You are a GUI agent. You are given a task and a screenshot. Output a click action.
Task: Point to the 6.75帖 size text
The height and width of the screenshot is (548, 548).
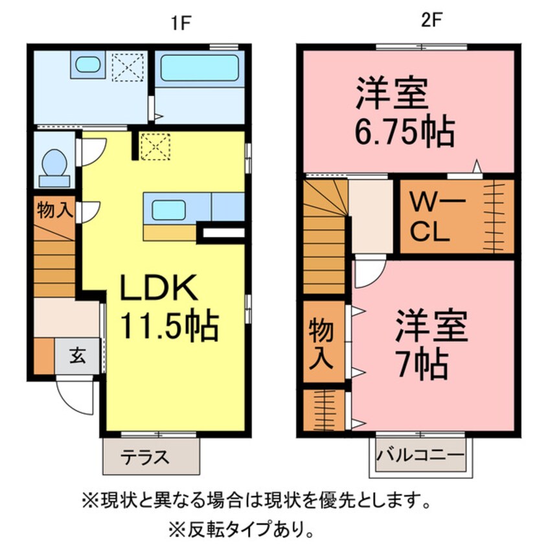(403, 132)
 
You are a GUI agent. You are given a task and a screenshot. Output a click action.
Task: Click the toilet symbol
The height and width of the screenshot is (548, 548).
(54, 163)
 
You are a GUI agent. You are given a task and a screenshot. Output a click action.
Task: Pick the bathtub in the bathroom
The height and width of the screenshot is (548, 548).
(199, 69)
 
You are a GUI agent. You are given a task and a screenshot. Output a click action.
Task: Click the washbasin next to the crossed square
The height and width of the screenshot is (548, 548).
(86, 65)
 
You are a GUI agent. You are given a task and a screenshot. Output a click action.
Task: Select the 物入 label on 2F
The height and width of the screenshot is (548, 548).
(323, 344)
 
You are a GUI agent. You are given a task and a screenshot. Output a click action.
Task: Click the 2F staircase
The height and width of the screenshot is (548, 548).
(325, 237)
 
